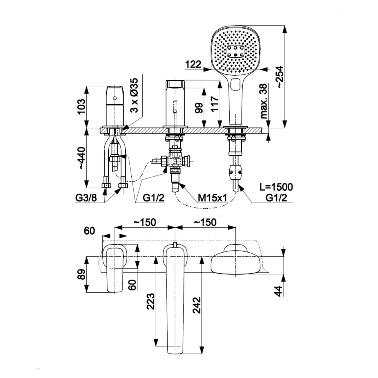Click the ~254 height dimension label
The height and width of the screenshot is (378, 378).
coord(280,77)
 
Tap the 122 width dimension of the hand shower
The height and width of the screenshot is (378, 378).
coord(193,64)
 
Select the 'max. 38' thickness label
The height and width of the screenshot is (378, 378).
coord(264,101)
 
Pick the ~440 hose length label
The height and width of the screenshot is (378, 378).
coord(81,158)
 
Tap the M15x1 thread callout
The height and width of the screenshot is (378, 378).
coord(212,198)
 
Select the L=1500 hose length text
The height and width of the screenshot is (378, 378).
coord(276,187)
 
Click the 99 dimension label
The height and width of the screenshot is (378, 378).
coord(198,108)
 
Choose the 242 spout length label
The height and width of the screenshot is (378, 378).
coord(197,305)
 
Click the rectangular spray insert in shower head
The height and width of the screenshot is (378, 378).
coord(235,51)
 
